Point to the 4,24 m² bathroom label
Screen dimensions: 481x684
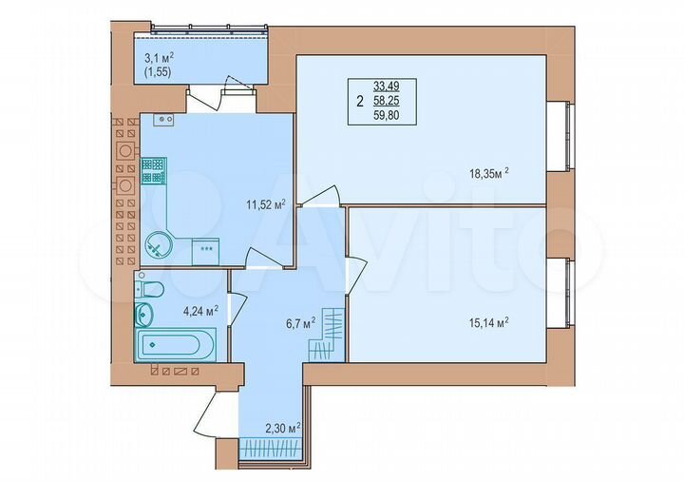(200, 309)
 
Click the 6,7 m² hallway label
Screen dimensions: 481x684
(275, 322)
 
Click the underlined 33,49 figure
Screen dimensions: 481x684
(386, 85)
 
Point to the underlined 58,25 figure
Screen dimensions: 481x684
(386, 99)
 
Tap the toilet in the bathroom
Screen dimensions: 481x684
(152, 288)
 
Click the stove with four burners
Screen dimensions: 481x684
(153, 171)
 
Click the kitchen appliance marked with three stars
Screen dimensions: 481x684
(205, 249)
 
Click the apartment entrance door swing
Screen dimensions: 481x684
(216, 415)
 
